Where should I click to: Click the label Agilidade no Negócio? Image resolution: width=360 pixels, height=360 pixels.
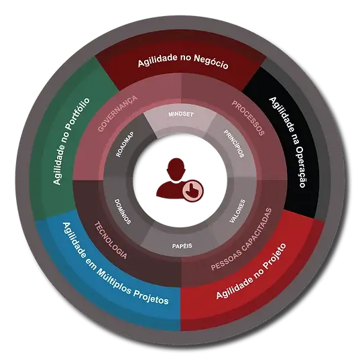click(x=183, y=61)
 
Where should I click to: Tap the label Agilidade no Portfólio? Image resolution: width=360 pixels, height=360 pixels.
click(x=70, y=141)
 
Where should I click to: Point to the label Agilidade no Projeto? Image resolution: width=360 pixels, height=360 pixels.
click(x=251, y=271)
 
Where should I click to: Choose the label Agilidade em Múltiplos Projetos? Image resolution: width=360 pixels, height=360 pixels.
click(x=115, y=263)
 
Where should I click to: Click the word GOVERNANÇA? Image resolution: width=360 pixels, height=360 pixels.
click(x=117, y=113)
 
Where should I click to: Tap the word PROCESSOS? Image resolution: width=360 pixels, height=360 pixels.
click(x=248, y=118)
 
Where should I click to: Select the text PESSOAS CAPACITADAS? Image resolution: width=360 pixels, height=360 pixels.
click(x=241, y=239)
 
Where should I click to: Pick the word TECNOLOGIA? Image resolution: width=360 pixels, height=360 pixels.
click(x=111, y=240)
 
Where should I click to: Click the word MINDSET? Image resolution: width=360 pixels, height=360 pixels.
click(x=181, y=114)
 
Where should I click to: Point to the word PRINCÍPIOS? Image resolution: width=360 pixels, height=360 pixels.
click(x=234, y=143)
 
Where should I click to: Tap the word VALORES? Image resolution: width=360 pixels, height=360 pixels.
click(x=237, y=211)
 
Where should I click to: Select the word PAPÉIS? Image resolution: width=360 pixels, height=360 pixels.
click(x=182, y=246)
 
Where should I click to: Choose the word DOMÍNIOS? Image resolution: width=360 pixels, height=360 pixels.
click(x=123, y=211)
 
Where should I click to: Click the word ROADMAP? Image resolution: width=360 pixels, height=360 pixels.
click(x=125, y=144)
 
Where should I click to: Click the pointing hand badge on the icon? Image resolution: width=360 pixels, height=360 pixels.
click(x=193, y=191)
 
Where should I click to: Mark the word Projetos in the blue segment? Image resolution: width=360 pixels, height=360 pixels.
click(x=151, y=296)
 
